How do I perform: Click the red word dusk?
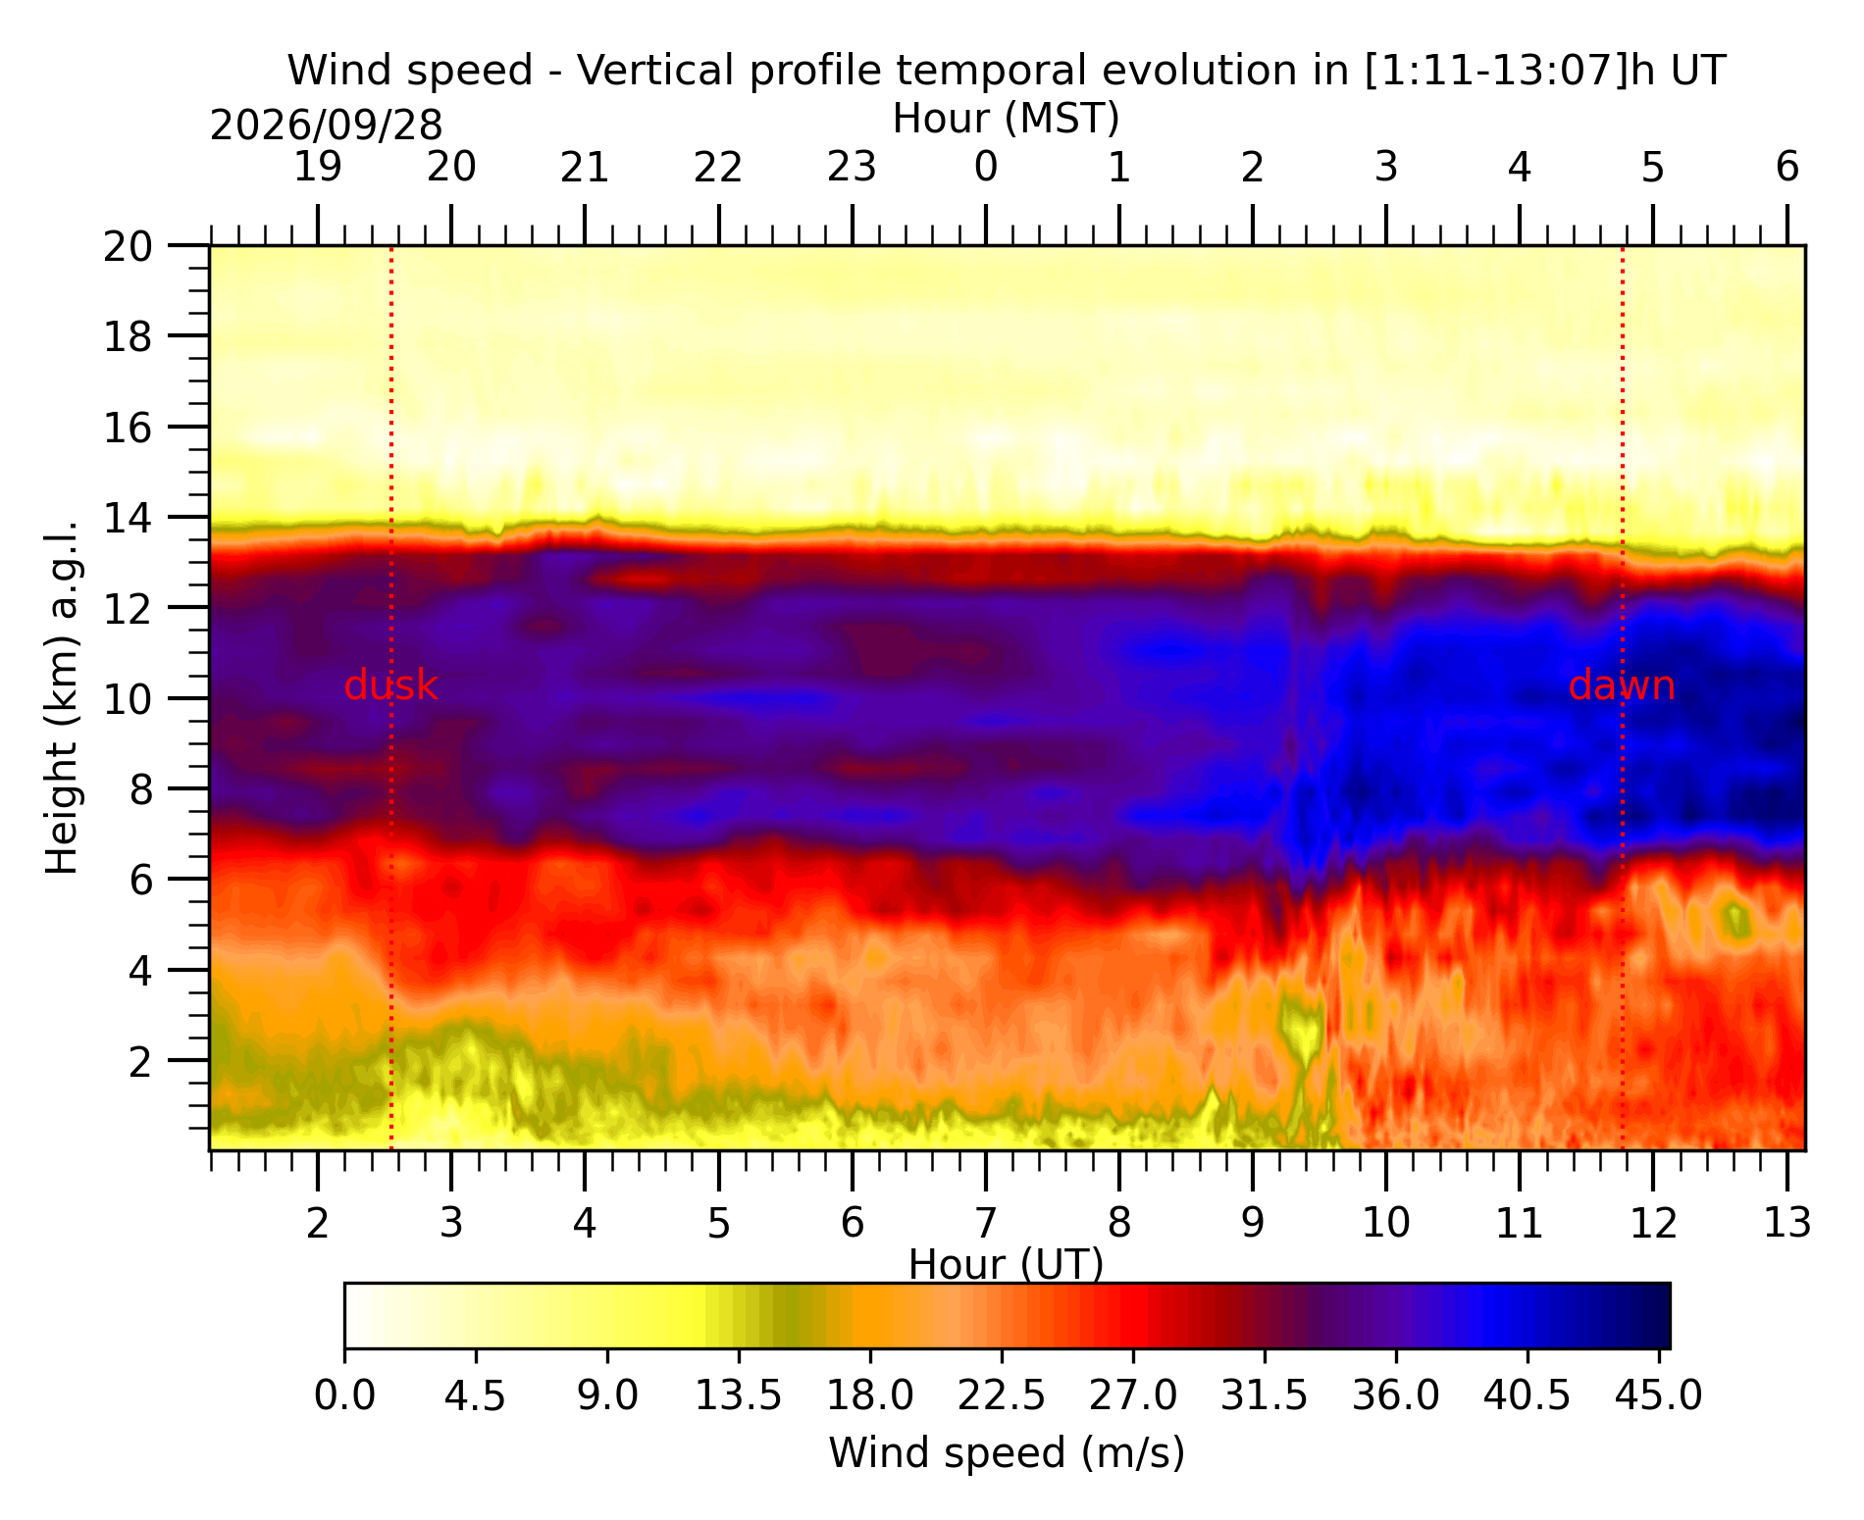391,685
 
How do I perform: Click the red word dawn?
1622,685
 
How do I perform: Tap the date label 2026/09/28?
326,126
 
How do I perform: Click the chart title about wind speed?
1007,71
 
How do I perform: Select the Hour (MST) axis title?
1007,119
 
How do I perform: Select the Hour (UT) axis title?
1007,1265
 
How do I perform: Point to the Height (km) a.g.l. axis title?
62,697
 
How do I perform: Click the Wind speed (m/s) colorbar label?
1007,1453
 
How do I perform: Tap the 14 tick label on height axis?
129,518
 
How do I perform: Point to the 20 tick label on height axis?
129,246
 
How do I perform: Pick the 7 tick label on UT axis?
986,1223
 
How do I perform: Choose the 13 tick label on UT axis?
1787,1223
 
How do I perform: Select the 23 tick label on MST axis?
852,169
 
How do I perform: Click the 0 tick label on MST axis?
986,169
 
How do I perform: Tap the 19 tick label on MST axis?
318,169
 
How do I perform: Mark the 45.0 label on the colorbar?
1659,1395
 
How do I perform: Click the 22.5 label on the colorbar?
1002,1395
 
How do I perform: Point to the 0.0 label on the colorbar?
344,1395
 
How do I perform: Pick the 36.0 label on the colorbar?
1396,1395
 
